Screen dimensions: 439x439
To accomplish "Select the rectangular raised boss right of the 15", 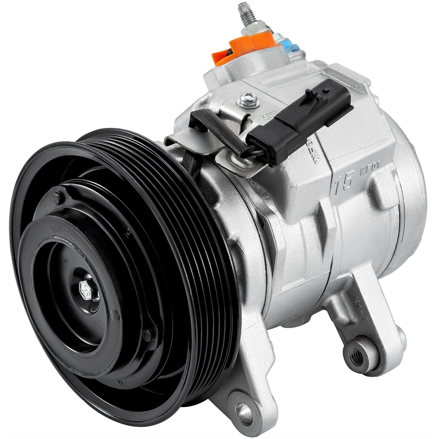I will pyautogui.click(x=383, y=189).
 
